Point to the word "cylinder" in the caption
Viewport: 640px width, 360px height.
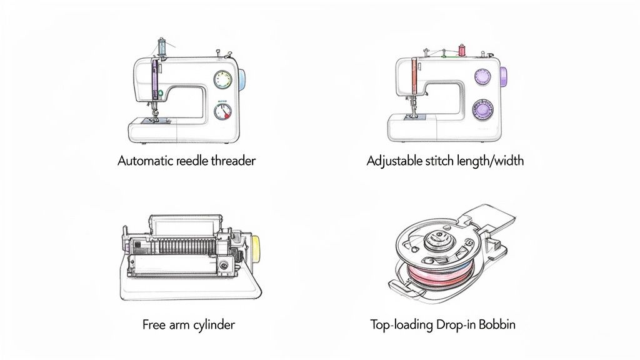point(214,325)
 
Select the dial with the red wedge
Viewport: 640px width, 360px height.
point(222,112)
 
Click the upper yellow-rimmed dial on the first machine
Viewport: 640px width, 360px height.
point(222,79)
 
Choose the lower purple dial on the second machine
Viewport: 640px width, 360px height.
point(482,109)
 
